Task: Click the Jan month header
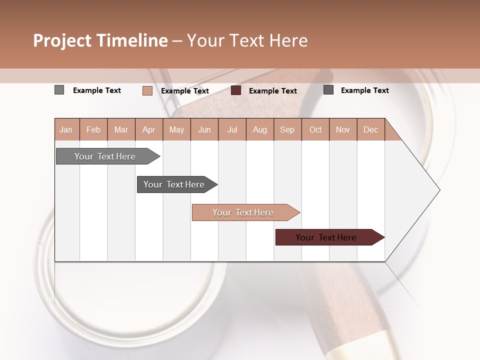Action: (66, 130)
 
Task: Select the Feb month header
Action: (93, 130)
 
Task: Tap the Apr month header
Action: (148, 130)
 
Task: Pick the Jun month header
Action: (204, 130)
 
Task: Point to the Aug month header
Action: (259, 130)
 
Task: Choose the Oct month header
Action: (315, 130)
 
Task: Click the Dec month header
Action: (370, 130)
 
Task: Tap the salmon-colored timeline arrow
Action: (243, 212)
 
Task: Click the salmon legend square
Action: (147, 90)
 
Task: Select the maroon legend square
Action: (236, 90)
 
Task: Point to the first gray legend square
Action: (59, 90)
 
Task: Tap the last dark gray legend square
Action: (328, 90)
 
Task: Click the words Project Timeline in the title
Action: (100, 40)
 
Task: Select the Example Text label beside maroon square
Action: (272, 91)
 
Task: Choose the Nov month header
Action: (342, 130)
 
